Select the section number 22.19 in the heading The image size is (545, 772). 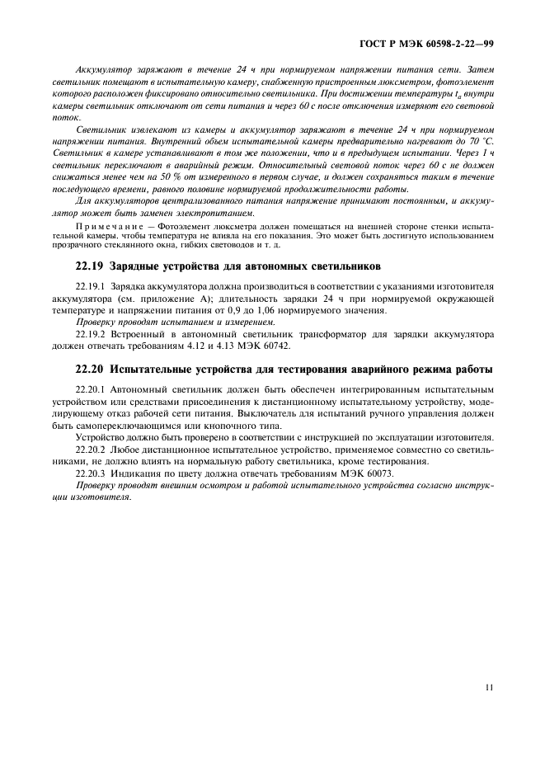(91, 267)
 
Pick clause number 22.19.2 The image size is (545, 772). (92, 334)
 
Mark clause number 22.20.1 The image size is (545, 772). (92, 388)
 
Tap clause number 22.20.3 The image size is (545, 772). (92, 474)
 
